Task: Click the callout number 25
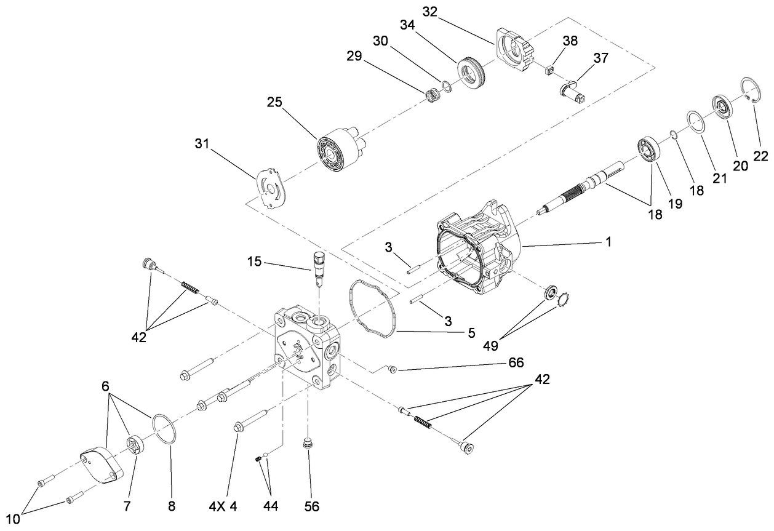(274, 102)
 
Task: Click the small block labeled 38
(551, 68)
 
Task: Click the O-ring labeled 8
(166, 428)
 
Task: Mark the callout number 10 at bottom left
(13, 518)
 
